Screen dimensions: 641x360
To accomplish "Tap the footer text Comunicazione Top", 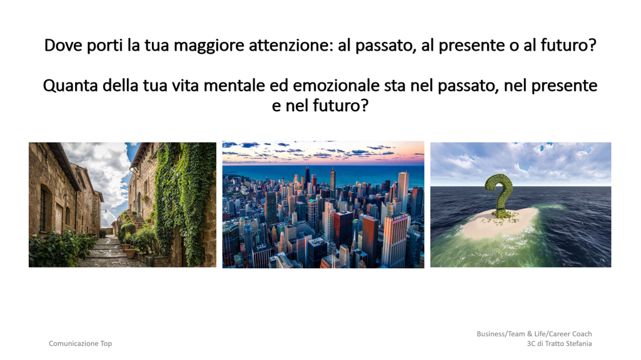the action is (x=81, y=344).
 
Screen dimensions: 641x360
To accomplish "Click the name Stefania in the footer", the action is (x=577, y=344).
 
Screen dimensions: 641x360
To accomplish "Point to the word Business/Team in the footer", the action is (x=501, y=334).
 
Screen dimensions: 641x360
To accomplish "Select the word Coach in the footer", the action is (x=582, y=334).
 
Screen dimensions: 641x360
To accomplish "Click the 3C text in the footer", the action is (x=531, y=344).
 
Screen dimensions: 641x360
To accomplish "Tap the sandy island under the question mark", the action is (x=499, y=223).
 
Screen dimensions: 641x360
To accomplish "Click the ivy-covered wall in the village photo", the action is (x=184, y=196).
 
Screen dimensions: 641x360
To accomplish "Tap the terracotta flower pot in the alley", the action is (x=131, y=253).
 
